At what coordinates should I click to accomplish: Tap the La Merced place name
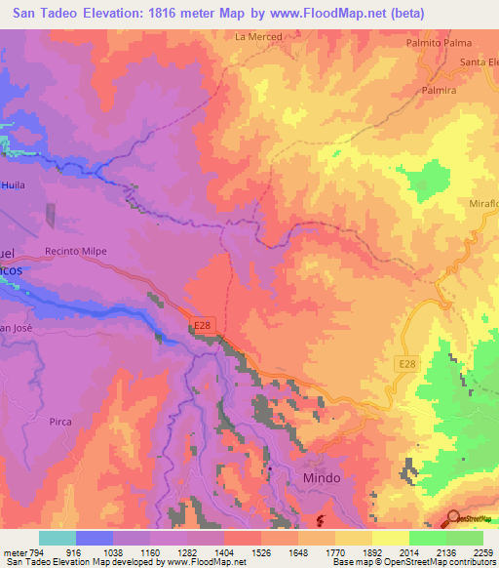(258, 37)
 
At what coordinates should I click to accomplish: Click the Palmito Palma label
(439, 43)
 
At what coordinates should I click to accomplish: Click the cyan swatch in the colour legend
(57, 538)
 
